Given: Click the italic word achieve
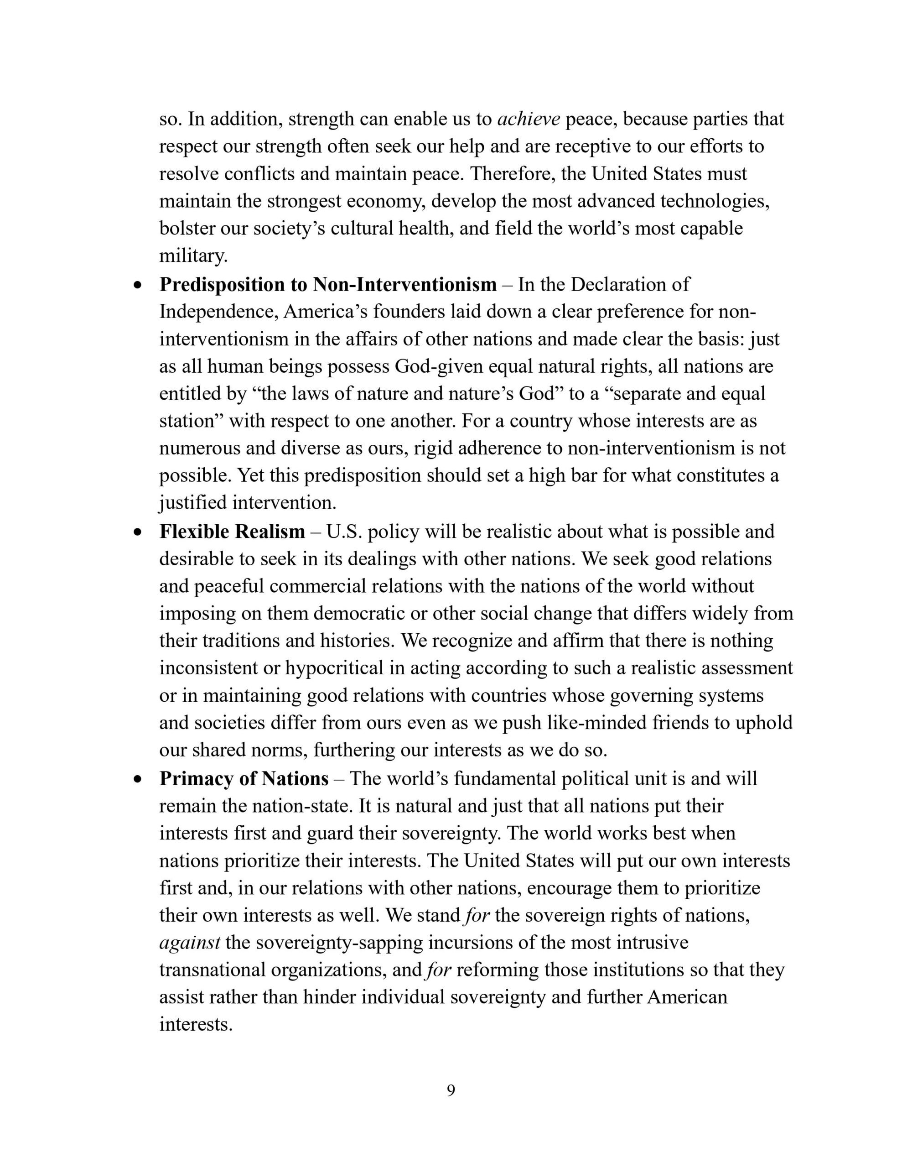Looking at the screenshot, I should click(528, 119).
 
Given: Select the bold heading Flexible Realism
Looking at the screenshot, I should click(232, 532).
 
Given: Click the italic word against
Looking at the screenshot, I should click(190, 942).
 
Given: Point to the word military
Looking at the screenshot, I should click(193, 256).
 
